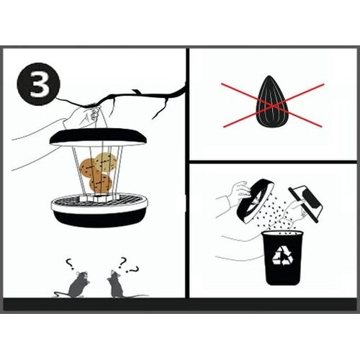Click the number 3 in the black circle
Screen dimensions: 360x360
[x=39, y=84]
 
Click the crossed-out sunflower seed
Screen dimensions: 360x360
[x=272, y=102]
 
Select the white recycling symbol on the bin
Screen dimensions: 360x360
[x=282, y=256]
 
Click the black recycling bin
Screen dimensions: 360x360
[x=282, y=258]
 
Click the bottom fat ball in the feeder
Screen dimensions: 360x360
[x=101, y=183]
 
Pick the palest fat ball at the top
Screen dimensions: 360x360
[x=106, y=163]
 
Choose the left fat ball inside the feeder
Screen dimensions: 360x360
[x=89, y=169]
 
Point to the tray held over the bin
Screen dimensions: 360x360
[x=305, y=201]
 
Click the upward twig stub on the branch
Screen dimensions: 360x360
[x=136, y=91]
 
